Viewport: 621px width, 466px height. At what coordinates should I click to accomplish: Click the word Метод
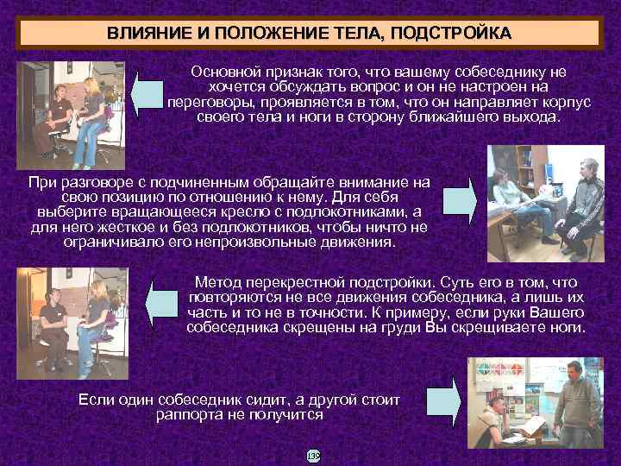(x=219, y=283)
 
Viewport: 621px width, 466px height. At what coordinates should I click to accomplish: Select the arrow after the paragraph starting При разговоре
(x=462, y=198)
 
